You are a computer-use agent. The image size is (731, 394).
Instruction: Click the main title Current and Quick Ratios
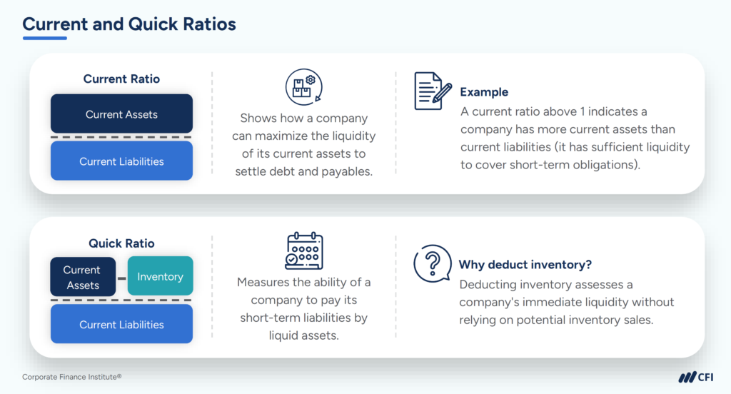point(128,24)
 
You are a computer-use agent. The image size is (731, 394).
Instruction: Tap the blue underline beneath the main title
point(44,38)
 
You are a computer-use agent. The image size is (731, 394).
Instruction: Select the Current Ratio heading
point(121,79)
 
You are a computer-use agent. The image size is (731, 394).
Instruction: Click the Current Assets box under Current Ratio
point(121,114)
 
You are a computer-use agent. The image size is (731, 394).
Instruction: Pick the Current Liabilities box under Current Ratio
point(121,161)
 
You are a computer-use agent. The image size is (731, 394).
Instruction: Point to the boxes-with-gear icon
point(303,89)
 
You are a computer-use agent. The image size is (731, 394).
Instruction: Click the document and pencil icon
point(433,91)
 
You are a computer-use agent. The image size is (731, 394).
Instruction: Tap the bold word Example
point(484,92)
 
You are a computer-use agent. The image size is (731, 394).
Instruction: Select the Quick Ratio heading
point(121,243)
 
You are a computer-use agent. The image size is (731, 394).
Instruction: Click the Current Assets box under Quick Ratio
point(82,277)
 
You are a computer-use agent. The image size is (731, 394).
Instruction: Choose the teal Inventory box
point(160,277)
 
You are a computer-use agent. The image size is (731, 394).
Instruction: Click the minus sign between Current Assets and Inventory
point(121,277)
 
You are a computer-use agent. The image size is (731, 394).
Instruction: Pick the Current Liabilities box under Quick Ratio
point(121,325)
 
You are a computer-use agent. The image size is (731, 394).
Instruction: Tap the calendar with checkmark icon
point(303,251)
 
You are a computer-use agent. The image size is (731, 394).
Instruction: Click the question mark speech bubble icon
point(432,263)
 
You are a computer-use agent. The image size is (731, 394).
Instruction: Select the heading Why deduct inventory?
point(525,265)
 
